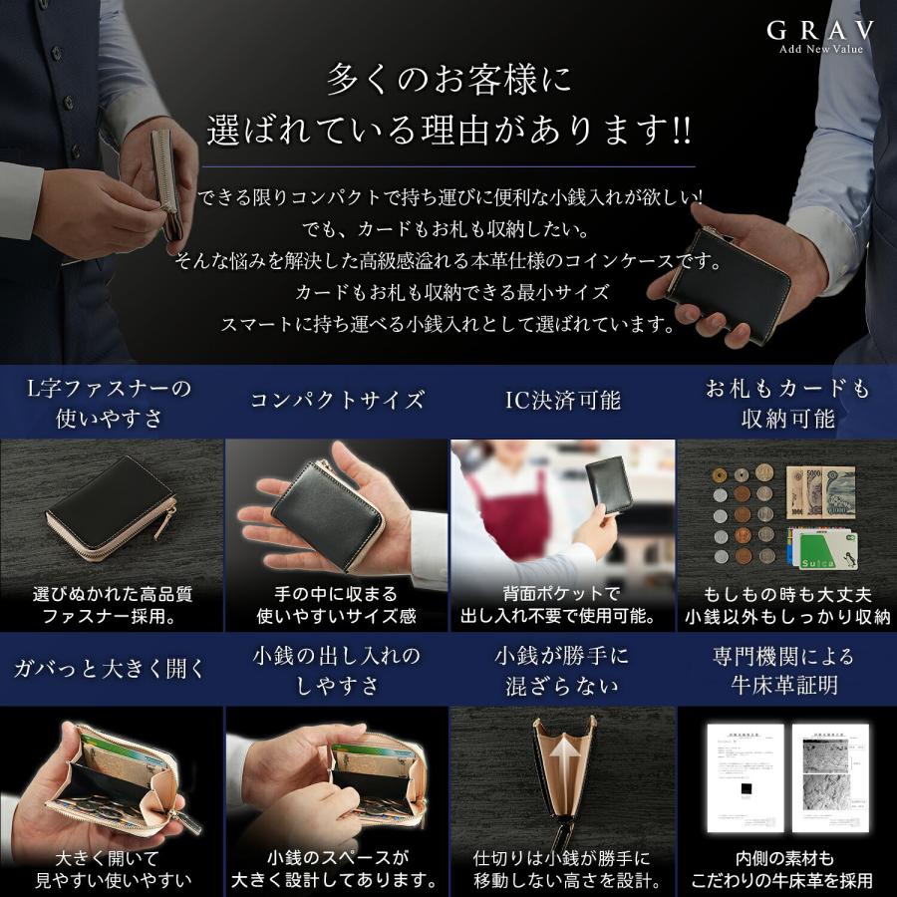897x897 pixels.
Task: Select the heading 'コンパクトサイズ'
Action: [337, 401]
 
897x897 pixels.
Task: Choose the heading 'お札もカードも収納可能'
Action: [786, 403]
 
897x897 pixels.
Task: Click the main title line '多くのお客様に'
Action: [448, 80]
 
